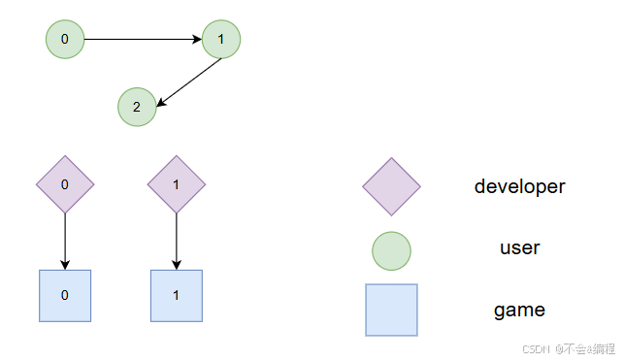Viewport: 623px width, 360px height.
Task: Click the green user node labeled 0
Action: (65, 40)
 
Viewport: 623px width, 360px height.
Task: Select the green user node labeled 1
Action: (221, 40)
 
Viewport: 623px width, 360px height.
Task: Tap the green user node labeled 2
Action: (137, 108)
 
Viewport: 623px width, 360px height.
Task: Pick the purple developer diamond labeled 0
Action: (65, 183)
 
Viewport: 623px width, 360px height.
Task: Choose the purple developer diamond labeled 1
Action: (176, 183)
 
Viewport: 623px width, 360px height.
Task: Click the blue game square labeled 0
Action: (65, 295)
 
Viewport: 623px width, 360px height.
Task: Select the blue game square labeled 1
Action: (176, 295)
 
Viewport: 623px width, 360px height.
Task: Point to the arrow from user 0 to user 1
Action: (143, 40)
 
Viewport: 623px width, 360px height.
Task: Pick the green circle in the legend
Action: (391, 249)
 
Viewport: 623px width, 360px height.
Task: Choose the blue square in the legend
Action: (391, 310)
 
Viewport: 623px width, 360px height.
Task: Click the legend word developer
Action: (519, 186)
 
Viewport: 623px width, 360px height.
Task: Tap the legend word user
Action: (519, 248)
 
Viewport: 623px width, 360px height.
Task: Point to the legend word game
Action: (519, 311)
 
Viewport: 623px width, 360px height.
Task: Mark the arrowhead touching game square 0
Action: (65, 264)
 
